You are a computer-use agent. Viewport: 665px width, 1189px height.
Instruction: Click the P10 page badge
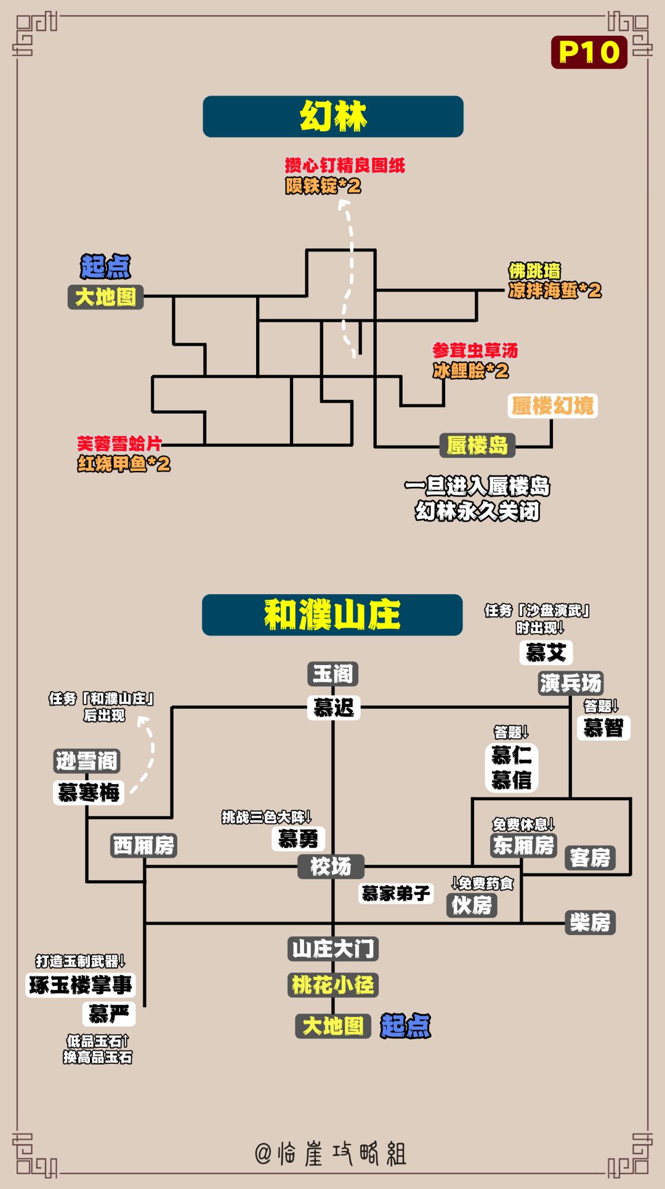click(589, 52)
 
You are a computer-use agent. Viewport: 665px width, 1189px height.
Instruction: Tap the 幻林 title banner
click(333, 116)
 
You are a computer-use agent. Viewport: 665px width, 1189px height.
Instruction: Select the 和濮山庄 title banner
click(332, 615)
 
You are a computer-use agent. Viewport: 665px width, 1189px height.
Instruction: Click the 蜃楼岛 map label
click(477, 445)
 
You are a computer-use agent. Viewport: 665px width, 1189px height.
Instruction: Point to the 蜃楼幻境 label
click(552, 406)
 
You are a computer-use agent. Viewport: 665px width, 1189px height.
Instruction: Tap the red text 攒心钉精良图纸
click(345, 165)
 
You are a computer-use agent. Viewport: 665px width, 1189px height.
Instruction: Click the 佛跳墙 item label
click(534, 271)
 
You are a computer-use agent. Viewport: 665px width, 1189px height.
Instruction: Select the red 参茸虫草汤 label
click(475, 351)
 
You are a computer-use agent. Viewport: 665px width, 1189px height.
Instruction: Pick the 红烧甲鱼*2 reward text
click(124, 464)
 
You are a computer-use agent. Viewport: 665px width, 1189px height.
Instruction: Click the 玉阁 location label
click(332, 674)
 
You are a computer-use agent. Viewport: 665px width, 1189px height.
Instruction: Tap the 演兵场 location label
click(571, 683)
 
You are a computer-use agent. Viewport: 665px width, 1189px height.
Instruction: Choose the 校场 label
click(331, 866)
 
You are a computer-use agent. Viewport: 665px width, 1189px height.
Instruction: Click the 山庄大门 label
click(332, 949)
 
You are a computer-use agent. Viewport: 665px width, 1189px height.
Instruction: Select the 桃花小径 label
click(332, 985)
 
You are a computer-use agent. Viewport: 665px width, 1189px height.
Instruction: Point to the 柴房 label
click(590, 923)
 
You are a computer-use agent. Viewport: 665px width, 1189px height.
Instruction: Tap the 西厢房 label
click(144, 845)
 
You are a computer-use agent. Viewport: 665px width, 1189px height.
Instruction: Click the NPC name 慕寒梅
click(89, 793)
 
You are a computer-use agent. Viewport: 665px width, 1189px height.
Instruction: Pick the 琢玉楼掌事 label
click(80, 985)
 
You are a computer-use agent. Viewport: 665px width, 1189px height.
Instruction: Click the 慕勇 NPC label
click(298, 838)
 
